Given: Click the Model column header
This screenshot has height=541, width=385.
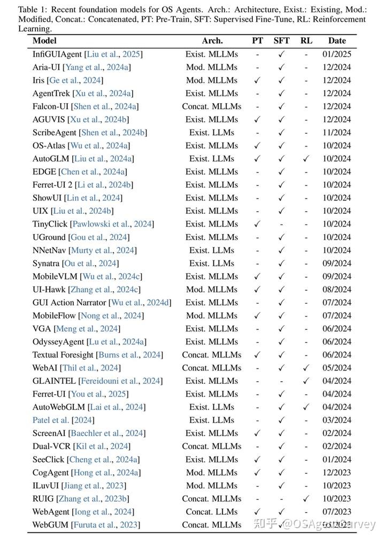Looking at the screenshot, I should [x=44, y=41].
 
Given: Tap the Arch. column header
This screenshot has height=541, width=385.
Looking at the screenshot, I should [x=212, y=41].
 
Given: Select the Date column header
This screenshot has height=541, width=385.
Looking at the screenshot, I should [x=337, y=41].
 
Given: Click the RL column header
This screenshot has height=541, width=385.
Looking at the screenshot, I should [x=306, y=41].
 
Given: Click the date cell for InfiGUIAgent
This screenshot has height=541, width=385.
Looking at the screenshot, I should [x=337, y=54].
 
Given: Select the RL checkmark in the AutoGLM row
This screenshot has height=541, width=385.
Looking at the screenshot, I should [x=306, y=159].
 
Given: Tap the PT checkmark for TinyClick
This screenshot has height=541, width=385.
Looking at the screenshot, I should [x=258, y=224].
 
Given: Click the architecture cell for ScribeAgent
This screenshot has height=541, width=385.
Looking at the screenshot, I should [x=212, y=133].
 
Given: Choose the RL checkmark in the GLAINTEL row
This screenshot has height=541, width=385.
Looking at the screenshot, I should [x=306, y=381].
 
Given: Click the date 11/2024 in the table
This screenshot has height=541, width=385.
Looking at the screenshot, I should [x=337, y=133].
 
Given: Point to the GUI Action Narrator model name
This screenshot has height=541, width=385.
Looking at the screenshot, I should [x=70, y=303].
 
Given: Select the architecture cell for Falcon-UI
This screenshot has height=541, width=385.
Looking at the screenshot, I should [x=212, y=106].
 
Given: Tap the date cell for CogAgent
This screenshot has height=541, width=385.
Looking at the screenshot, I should [x=337, y=473].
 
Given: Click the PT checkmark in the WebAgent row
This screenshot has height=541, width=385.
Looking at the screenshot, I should [x=258, y=512].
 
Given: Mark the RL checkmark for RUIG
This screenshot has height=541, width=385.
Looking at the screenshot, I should [x=306, y=499].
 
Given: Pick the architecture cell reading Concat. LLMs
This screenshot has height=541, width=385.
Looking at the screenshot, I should [x=212, y=512].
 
